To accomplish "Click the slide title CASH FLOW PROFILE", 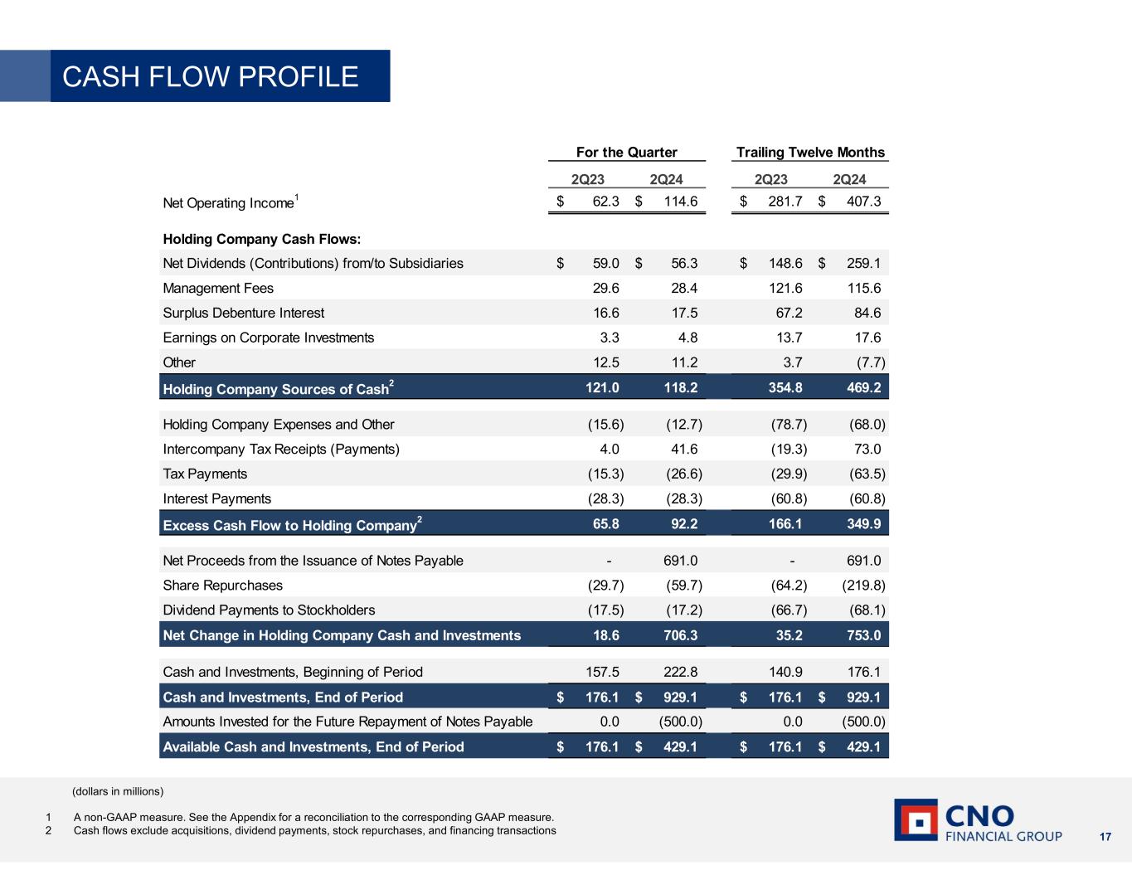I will coord(211,76).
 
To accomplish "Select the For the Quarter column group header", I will coord(626,152).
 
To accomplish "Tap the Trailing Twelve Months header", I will coord(810,152).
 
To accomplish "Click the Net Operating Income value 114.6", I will coord(681,202).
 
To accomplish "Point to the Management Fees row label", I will coord(218,288).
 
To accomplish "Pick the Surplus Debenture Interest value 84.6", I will coord(863,313).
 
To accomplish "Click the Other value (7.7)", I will coord(864,362).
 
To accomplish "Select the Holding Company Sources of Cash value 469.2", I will coord(863,387).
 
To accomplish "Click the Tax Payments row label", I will coord(205,474).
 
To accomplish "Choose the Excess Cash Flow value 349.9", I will coord(863,523).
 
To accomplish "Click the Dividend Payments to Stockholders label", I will coord(269,610).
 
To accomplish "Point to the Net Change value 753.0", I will coord(863,635).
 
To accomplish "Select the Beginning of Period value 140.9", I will coord(785,672).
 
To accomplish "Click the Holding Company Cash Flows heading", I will coord(261,239).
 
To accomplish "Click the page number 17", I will coord(1105,836).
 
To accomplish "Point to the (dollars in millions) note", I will coord(118,790).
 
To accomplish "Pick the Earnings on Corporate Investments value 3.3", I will coord(609,338).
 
